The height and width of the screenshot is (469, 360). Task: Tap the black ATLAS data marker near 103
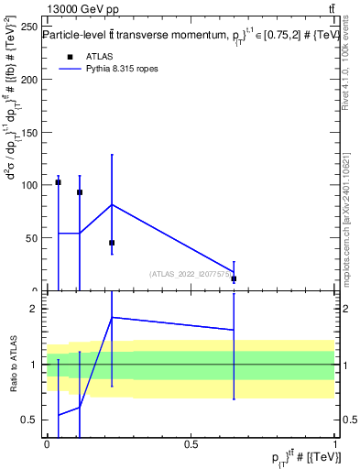58,182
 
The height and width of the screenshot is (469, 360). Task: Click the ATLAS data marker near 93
80,192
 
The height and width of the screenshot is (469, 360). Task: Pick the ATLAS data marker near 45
112,243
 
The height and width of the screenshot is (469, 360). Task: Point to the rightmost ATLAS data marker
234,278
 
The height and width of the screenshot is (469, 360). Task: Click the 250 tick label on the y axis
27,27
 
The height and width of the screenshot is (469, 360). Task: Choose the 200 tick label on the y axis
27,80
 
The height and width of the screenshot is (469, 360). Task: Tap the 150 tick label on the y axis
27,133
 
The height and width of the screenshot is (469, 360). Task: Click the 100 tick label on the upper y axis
27,185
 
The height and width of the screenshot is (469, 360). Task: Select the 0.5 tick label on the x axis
191,444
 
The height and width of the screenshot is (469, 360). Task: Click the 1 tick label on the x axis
335,444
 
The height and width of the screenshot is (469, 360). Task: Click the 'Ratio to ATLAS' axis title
12,365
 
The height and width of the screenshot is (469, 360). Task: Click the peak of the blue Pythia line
112,204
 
